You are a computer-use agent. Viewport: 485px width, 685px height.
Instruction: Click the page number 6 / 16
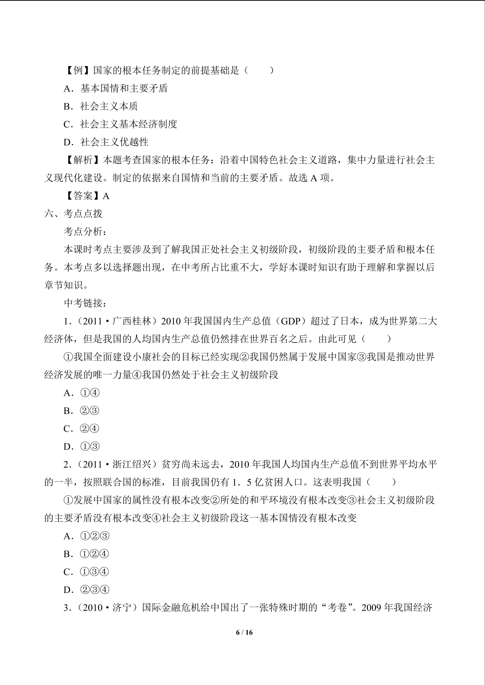click(244, 632)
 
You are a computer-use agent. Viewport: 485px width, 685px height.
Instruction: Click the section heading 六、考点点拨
click(73, 214)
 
